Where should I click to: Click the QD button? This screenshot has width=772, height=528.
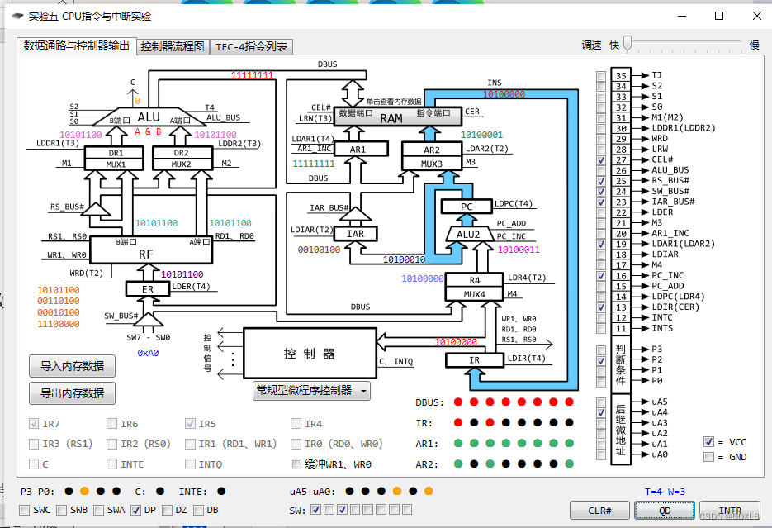pyautogui.click(x=665, y=511)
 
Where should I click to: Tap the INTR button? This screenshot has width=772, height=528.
pyautogui.click(x=729, y=511)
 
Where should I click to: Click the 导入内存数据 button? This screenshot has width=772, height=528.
pyautogui.click(x=73, y=365)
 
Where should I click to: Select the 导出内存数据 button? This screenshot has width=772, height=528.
pyautogui.click(x=73, y=393)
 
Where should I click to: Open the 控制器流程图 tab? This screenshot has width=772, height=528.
pyautogui.click(x=173, y=47)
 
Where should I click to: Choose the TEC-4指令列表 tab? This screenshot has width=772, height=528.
pyautogui.click(x=252, y=47)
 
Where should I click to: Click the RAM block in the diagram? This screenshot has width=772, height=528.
pyautogui.click(x=391, y=118)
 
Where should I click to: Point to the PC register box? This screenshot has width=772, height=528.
pyautogui.click(x=466, y=207)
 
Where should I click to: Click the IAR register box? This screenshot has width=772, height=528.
pyautogui.click(x=355, y=234)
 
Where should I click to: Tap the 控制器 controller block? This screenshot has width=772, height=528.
pyautogui.click(x=310, y=354)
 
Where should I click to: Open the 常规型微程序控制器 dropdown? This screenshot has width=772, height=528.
pyautogui.click(x=311, y=390)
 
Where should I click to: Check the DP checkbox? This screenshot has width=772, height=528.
pyautogui.click(x=136, y=510)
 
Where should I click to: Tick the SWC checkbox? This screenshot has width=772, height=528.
pyautogui.click(x=25, y=510)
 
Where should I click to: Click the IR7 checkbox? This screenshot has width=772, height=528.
pyautogui.click(x=34, y=424)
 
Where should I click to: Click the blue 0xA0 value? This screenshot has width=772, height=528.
pyautogui.click(x=148, y=352)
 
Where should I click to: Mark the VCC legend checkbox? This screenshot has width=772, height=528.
pyautogui.click(x=708, y=442)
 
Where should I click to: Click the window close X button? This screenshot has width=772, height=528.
pyautogui.click(x=756, y=16)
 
